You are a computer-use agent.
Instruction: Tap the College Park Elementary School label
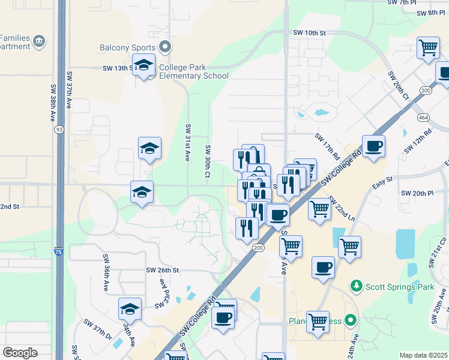click(193, 71)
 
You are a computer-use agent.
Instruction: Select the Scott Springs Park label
click(400, 287)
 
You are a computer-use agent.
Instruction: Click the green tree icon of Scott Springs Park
click(357, 285)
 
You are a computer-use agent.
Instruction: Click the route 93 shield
click(59, 130)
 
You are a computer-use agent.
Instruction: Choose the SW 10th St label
click(309, 32)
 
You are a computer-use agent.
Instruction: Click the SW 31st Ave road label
click(188, 142)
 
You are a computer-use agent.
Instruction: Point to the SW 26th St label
click(163, 270)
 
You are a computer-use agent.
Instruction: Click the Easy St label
click(382, 180)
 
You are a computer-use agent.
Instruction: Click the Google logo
click(20, 352)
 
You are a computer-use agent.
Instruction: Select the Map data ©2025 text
click(423, 355)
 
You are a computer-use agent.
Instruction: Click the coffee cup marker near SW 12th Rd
click(373, 146)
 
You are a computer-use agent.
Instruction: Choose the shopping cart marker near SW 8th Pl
click(428, 49)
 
